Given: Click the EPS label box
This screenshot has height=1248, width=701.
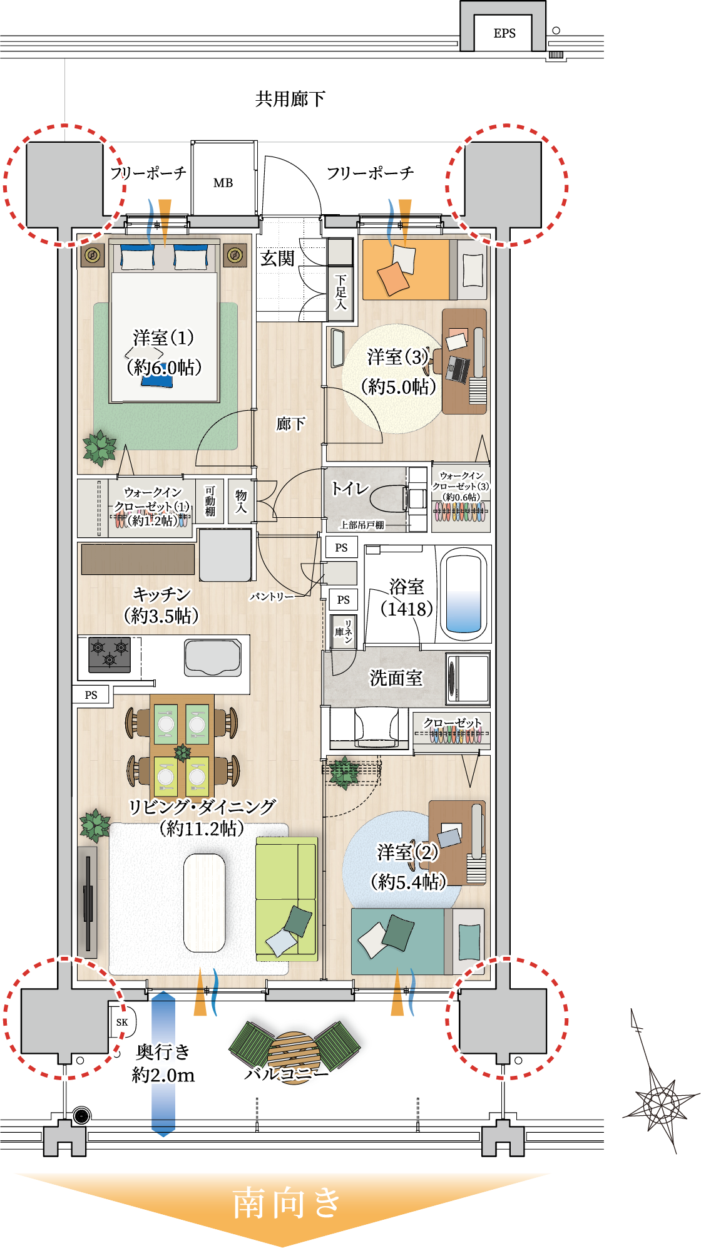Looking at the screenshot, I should (x=504, y=33).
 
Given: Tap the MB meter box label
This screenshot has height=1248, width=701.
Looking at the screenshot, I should (x=223, y=183).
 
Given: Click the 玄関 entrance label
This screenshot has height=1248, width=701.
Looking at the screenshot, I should (x=277, y=259).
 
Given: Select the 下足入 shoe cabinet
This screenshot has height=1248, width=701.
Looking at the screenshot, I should (x=340, y=292).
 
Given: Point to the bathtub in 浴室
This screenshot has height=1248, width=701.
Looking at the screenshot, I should (x=464, y=593).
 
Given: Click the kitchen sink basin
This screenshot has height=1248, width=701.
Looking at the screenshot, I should (x=213, y=658).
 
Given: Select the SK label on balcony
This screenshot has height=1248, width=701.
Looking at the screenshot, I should (x=122, y=1022).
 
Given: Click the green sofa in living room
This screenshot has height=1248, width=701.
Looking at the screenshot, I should (x=287, y=899).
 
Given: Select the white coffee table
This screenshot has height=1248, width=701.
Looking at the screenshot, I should (x=204, y=902).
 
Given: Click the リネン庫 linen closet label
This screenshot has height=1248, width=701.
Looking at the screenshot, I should (x=344, y=632).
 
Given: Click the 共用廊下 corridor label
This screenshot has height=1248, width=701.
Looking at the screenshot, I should (x=290, y=99).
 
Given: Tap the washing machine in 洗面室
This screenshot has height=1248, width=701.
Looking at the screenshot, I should (x=468, y=679).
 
